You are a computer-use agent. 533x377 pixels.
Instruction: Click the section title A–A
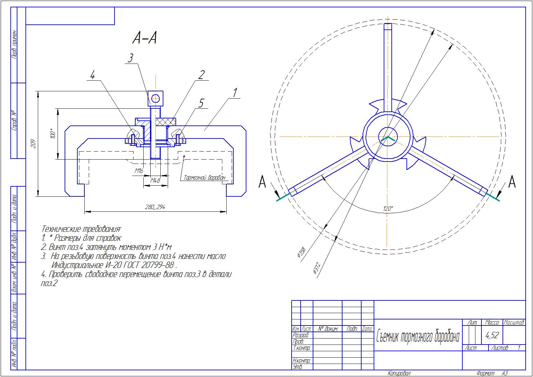[145, 38]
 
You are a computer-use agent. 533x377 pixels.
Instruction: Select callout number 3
[130, 58]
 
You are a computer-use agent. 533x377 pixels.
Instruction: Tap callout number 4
[92, 76]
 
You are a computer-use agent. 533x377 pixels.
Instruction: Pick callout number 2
[201, 75]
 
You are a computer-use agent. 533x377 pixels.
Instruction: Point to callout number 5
[201, 103]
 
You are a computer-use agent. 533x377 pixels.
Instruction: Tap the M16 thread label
[139, 171]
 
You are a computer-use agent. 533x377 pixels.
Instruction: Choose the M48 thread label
[155, 180]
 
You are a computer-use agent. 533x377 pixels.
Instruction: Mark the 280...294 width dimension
[155, 207]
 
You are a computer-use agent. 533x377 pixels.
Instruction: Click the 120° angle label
[388, 209]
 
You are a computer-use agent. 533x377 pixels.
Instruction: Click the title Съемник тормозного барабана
[417, 337]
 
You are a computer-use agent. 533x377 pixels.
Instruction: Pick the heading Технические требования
[81, 229]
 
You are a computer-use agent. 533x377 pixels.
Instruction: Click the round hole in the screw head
[155, 98]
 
